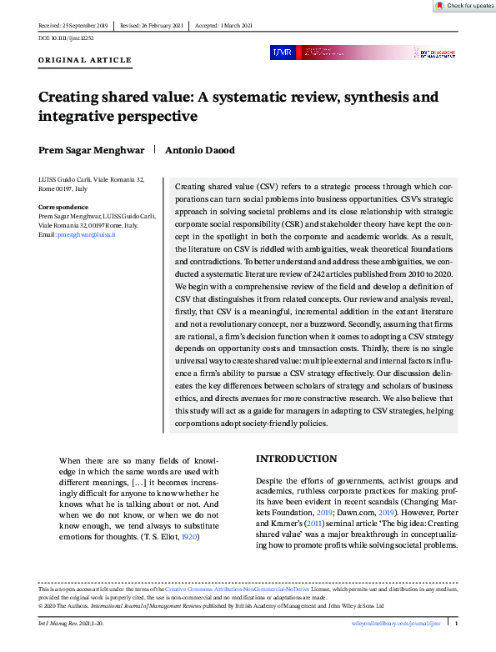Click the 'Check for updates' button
465,6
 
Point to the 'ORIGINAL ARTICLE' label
85,61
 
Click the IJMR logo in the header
282,53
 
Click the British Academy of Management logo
435,53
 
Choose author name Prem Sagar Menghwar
91,150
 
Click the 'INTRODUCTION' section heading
296,459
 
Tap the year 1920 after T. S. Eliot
190,536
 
